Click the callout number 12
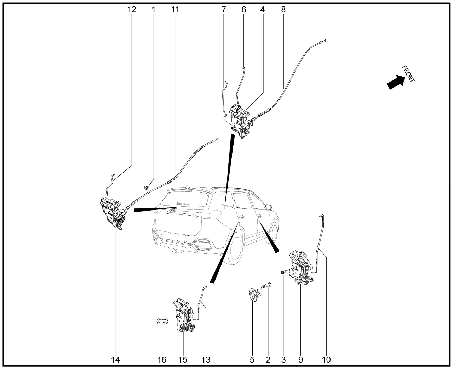pyautogui.click(x=132, y=9)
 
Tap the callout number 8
pyautogui.click(x=283, y=9)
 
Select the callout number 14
pyautogui.click(x=115, y=360)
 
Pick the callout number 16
pyautogui.click(x=162, y=360)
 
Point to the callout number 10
pyautogui.click(x=326, y=360)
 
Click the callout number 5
pyautogui.click(x=252, y=360)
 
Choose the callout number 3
pyautogui.click(x=283, y=360)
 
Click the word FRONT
pyautogui.click(x=408, y=74)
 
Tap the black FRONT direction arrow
pyautogui.click(x=395, y=82)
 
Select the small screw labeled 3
pyautogui.click(x=283, y=272)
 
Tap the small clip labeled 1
pyautogui.click(x=146, y=188)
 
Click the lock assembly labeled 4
pyautogui.click(x=240, y=121)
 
